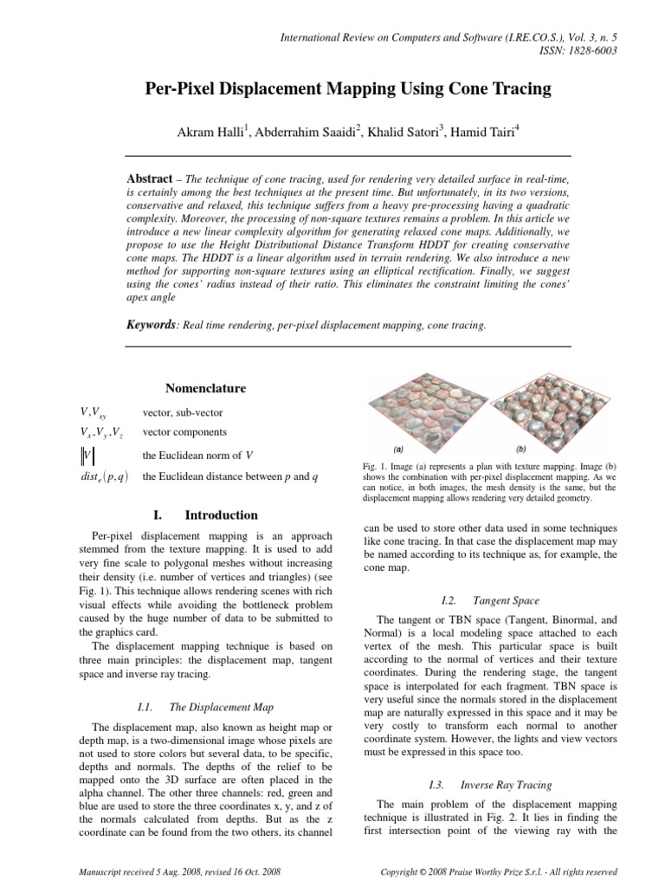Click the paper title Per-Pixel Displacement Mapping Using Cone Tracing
click(333, 88)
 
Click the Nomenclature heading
click(205, 388)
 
